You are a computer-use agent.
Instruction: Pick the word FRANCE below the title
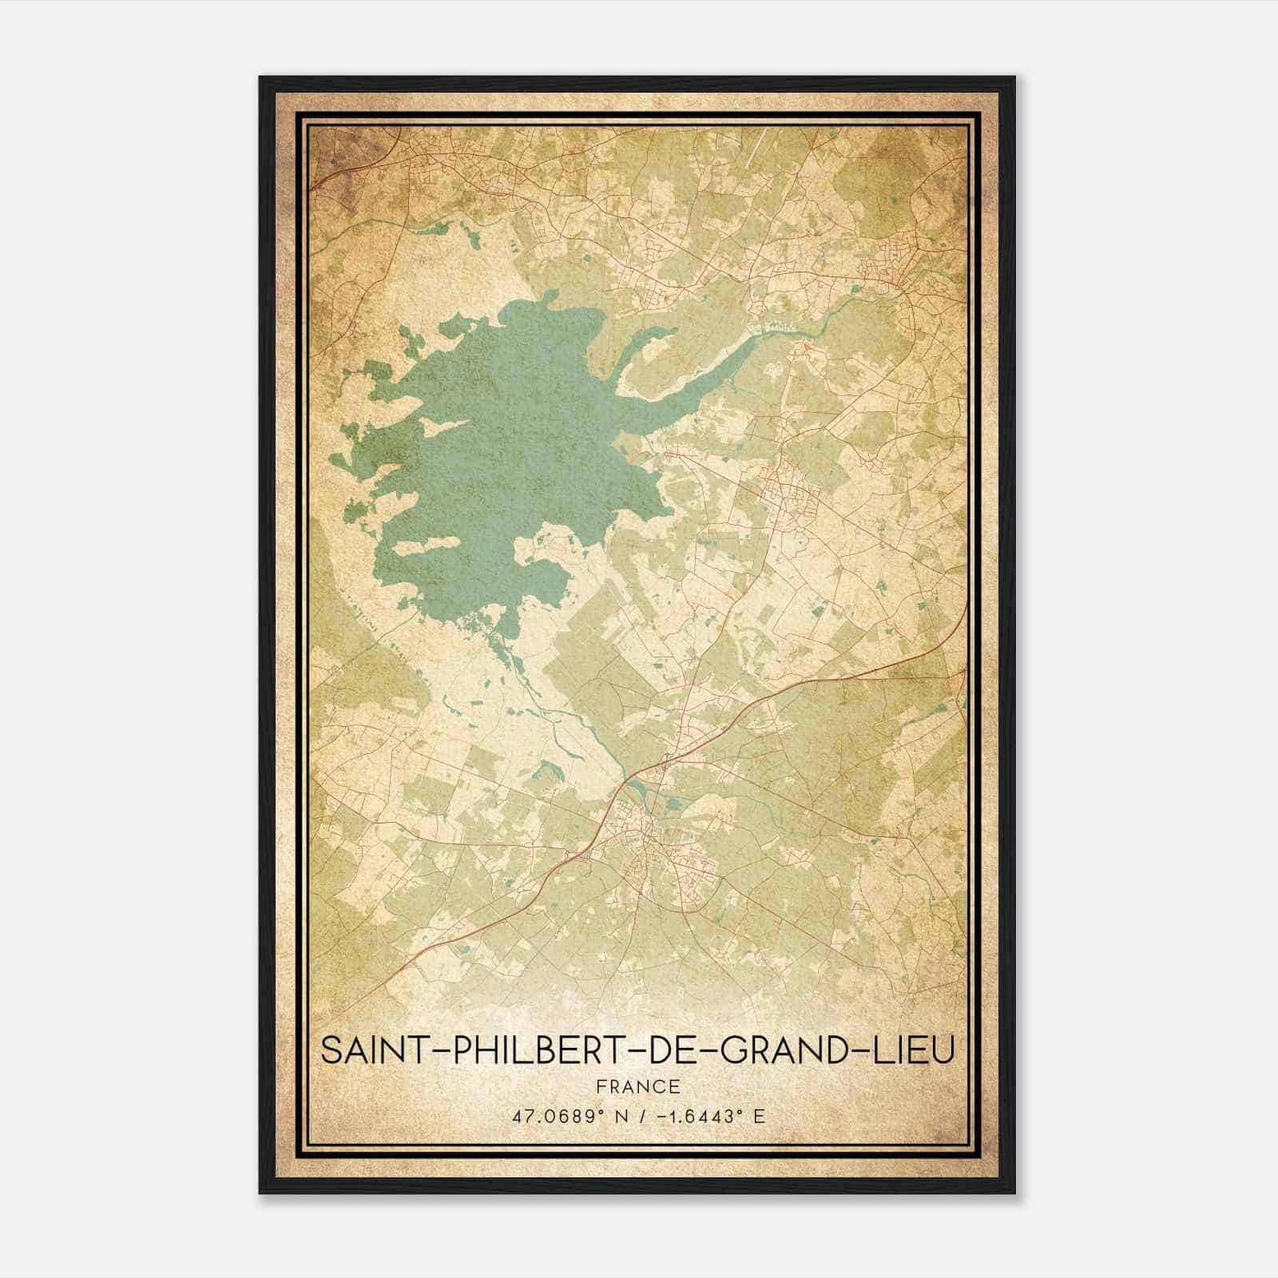[637, 1086]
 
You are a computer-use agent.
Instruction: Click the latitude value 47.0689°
[556, 1116]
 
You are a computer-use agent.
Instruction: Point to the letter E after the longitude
[759, 1116]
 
